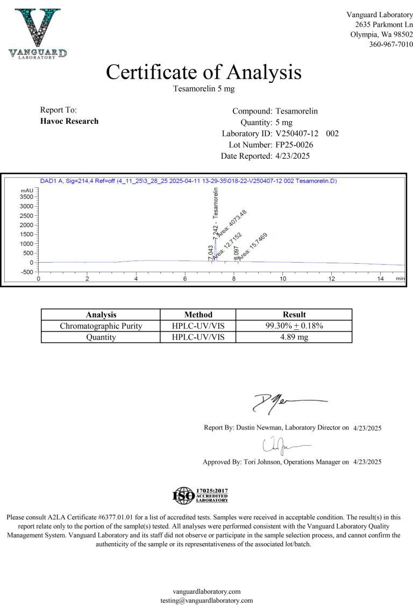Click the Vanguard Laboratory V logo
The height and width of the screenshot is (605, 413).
point(38,31)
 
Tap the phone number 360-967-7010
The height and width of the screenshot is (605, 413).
point(391,44)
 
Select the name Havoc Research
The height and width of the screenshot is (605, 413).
point(69,121)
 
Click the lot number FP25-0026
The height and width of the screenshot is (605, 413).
point(294,145)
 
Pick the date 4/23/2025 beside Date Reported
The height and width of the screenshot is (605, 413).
point(293,156)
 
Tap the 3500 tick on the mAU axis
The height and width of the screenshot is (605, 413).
point(26,197)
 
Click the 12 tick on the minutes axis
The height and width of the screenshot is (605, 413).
point(332,278)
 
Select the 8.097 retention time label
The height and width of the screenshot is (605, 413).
point(236,254)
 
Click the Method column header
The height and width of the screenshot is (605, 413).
point(198,314)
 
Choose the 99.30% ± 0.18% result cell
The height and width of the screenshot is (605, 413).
point(294,326)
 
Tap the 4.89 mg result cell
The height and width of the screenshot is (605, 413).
point(294,337)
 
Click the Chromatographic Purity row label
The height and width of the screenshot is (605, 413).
point(101,326)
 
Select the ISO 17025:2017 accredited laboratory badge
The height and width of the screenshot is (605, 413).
point(201,495)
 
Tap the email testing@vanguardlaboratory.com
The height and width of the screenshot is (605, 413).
point(206,600)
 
